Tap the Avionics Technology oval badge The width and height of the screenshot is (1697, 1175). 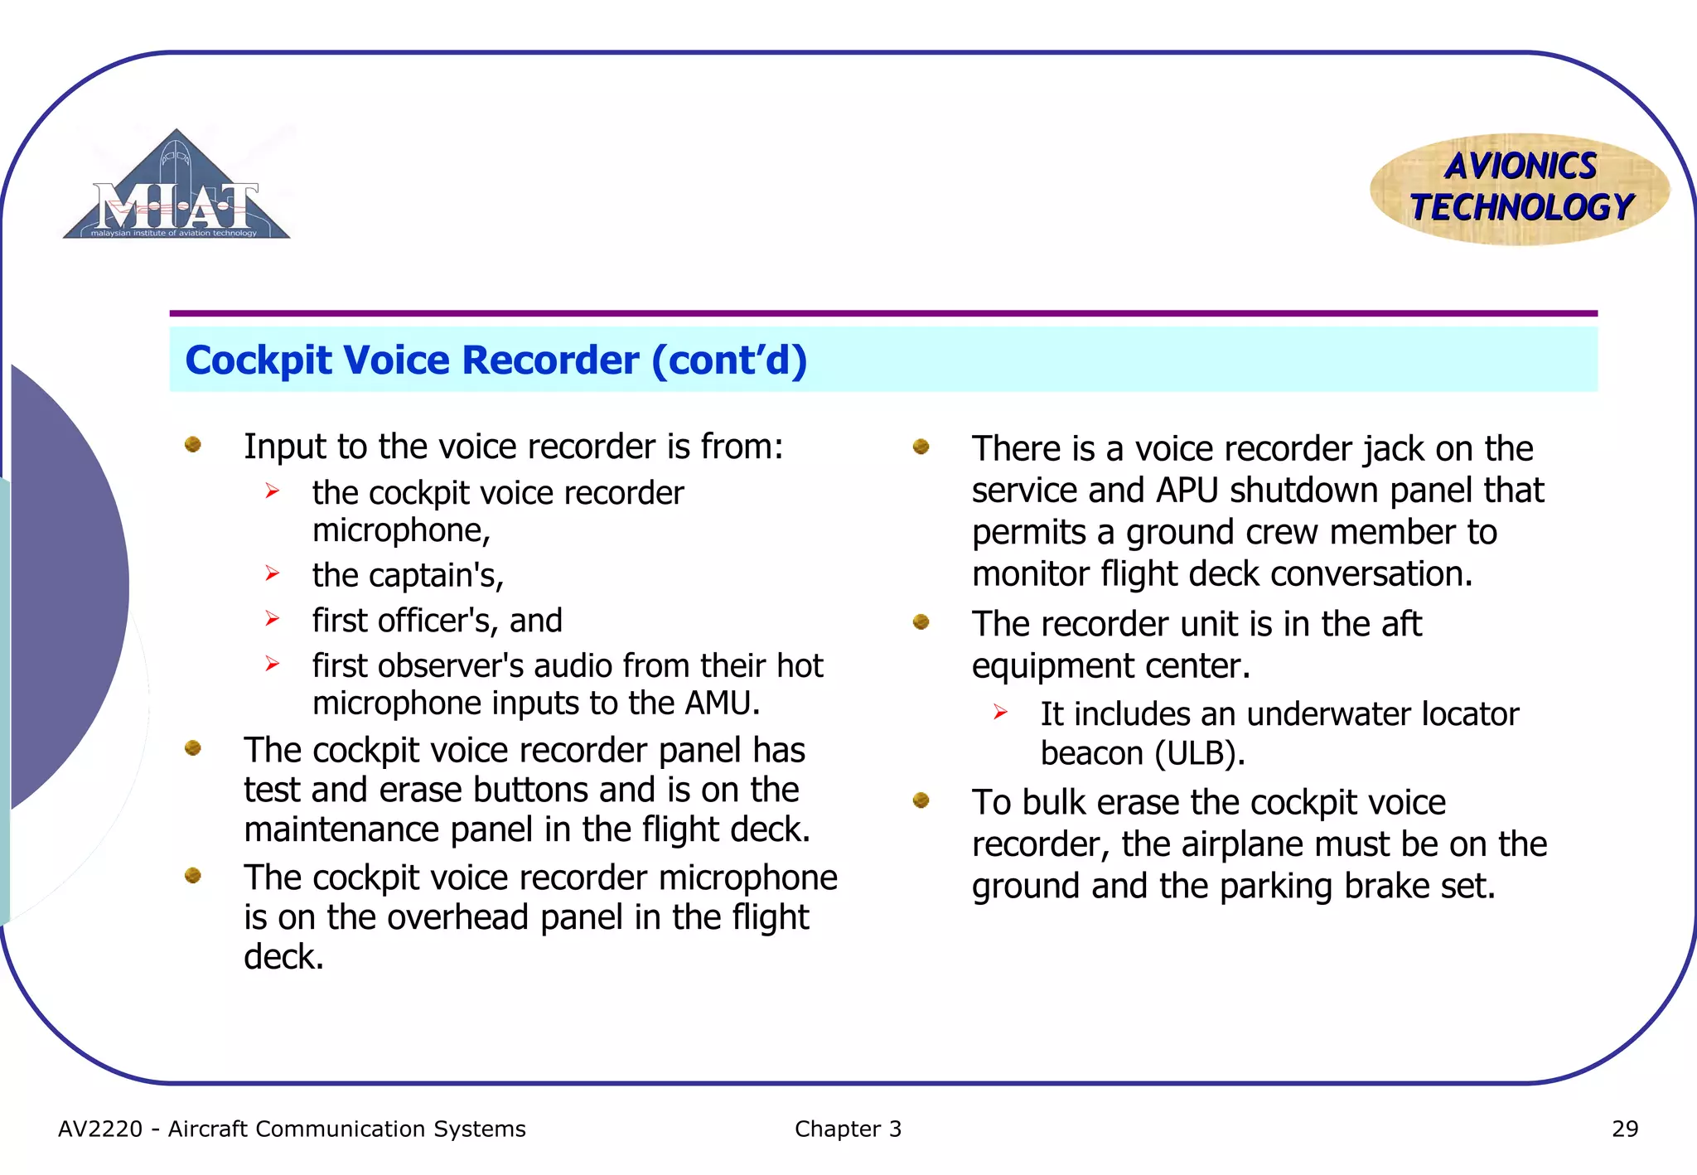[1520, 189]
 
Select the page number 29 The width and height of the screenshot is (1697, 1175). [1624, 1129]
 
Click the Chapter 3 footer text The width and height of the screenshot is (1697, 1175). [847, 1129]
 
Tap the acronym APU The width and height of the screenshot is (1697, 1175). [1187, 491]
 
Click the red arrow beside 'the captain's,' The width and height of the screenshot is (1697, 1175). [273, 573]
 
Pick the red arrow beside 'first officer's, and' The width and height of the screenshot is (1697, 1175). [273, 618]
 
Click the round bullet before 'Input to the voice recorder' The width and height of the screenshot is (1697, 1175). [193, 445]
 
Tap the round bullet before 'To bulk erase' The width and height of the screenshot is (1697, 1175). [921, 800]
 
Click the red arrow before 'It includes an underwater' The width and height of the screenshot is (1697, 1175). [1000, 712]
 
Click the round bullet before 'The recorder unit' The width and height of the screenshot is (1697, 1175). [921, 621]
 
